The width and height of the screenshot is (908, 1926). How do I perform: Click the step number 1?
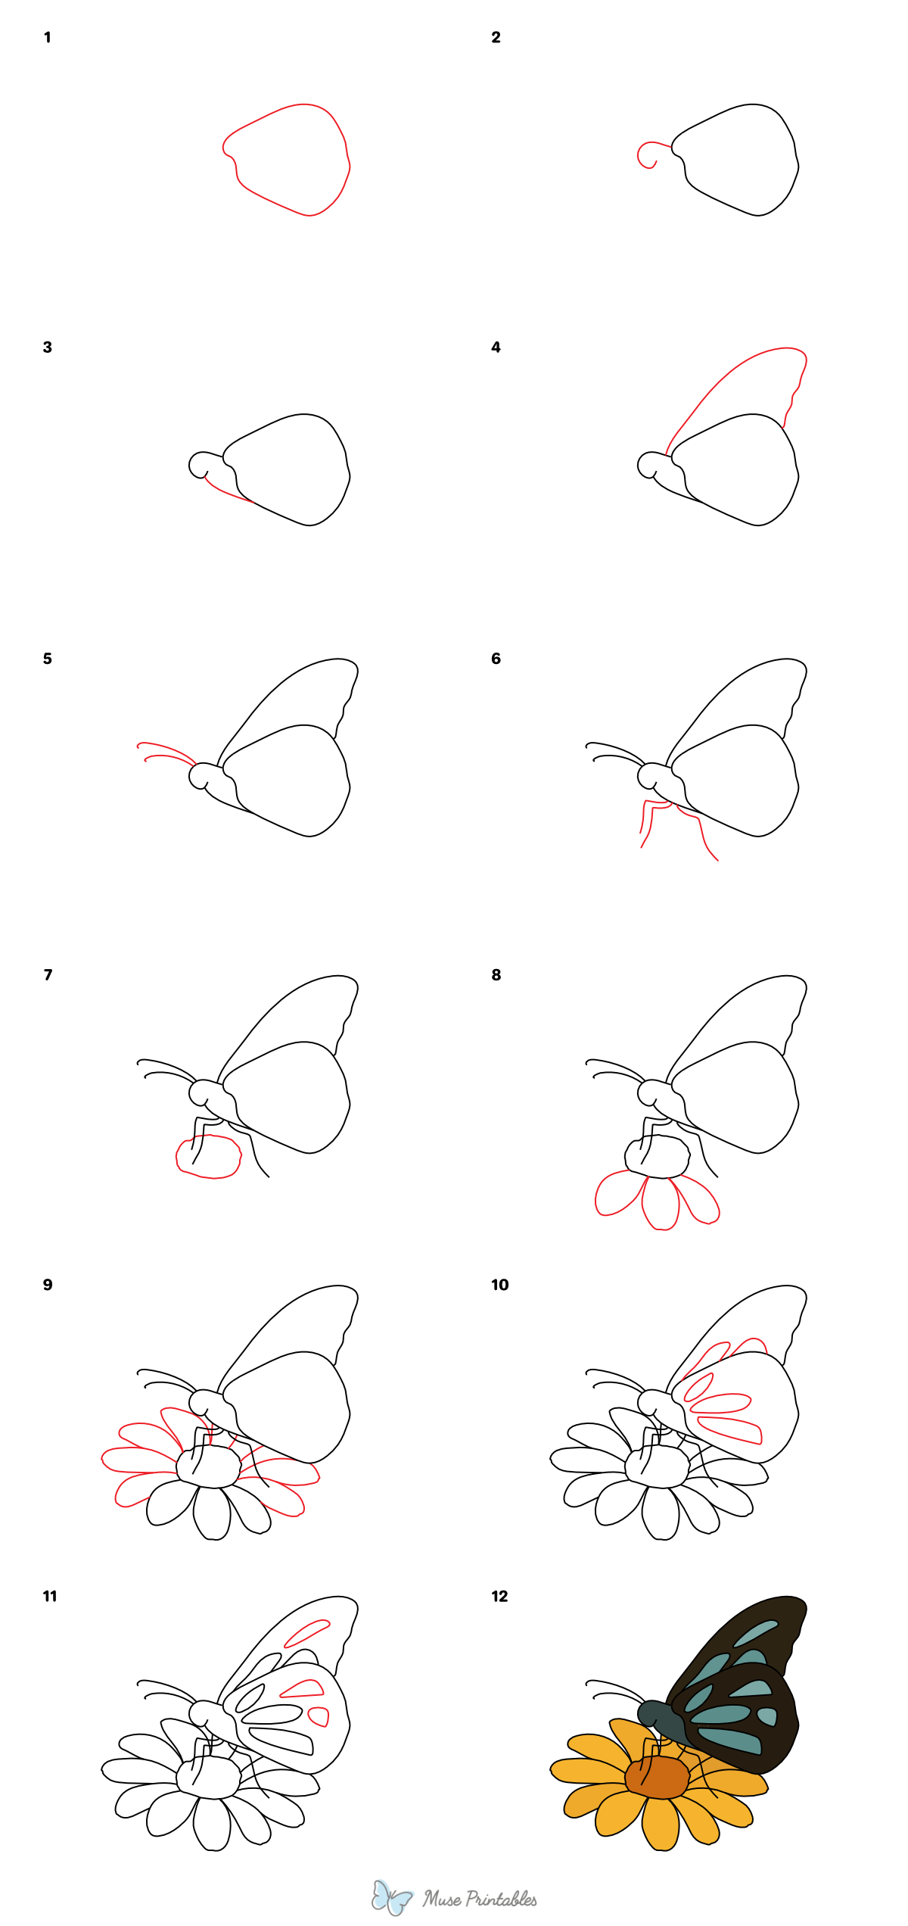[x=48, y=37]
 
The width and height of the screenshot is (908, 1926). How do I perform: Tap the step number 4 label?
[x=496, y=347]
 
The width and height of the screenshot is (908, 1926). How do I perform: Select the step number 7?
[x=48, y=974]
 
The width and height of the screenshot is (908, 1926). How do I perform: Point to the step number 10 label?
[x=499, y=1285]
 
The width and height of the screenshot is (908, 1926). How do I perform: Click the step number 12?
[x=499, y=1596]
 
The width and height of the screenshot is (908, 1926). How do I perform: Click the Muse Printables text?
[x=480, y=1899]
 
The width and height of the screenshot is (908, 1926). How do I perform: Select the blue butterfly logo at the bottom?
[x=391, y=1897]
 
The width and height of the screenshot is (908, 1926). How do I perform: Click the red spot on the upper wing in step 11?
[x=306, y=1633]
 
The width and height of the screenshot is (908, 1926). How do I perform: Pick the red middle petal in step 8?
[x=660, y=1204]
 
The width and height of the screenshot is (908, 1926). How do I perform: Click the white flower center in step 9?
[x=209, y=1466]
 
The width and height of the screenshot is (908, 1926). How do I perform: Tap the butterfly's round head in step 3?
[x=200, y=465]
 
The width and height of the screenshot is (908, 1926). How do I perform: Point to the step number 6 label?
[x=496, y=659]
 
